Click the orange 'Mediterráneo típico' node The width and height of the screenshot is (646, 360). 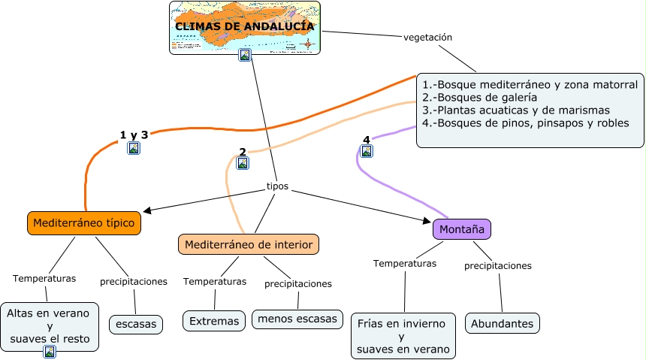click(84, 223)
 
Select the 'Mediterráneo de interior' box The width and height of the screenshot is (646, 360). click(249, 244)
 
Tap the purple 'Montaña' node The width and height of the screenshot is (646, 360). click(461, 229)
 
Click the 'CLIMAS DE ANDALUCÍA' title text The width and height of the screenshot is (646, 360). click(245, 26)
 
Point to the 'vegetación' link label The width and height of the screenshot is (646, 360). click(428, 37)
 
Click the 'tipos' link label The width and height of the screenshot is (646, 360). click(277, 186)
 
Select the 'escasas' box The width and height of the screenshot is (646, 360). click(136, 324)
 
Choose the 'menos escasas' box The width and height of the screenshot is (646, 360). click(297, 319)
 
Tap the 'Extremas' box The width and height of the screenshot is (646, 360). click(214, 321)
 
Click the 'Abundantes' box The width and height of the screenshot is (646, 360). click(503, 324)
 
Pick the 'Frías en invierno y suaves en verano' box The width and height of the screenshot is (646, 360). click(403, 336)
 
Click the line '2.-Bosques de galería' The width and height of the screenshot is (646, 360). click(479, 98)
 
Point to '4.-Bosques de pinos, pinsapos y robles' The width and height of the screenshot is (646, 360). click(525, 123)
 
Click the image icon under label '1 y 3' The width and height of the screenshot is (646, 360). click(134, 148)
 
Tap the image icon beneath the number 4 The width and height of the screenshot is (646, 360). click(367, 151)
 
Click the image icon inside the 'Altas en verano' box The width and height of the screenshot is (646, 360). click(50, 351)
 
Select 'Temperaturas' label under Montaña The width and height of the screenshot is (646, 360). click(405, 264)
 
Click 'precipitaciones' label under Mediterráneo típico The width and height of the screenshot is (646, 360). click(133, 282)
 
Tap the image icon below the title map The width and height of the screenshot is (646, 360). click(244, 55)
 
